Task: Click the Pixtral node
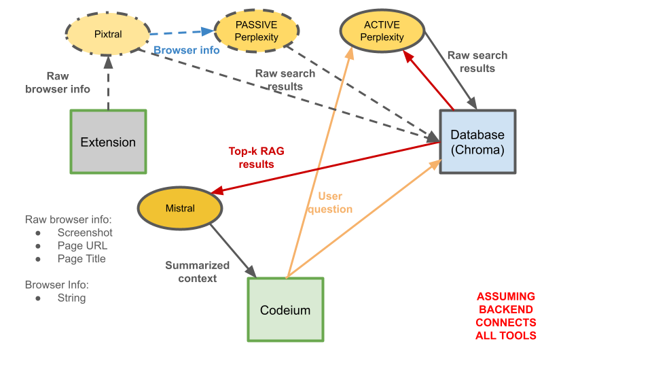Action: (x=108, y=33)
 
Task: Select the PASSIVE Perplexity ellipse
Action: (x=257, y=31)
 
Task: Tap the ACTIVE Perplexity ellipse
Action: (x=382, y=31)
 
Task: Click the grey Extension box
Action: (x=108, y=141)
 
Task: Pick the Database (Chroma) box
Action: (x=477, y=141)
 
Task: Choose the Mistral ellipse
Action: (x=180, y=208)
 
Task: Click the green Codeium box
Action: (x=285, y=310)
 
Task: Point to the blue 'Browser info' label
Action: (x=186, y=50)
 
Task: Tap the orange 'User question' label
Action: (x=330, y=203)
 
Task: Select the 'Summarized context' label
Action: (x=198, y=272)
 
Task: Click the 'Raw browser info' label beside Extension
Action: (x=58, y=83)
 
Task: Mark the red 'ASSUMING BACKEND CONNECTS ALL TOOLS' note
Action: (x=506, y=316)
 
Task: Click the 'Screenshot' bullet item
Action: (x=85, y=232)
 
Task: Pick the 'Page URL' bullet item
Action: (x=82, y=245)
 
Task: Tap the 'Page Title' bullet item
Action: (x=81, y=258)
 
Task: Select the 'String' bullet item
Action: (x=71, y=298)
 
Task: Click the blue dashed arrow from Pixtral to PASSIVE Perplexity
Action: (x=182, y=32)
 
